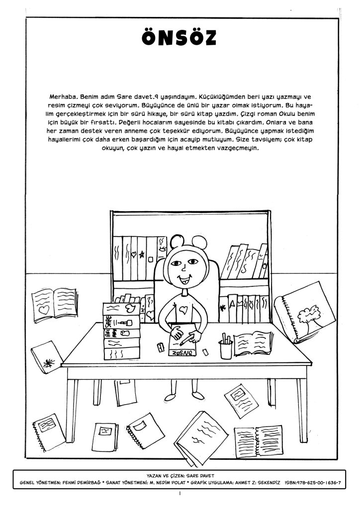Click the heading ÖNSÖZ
[x=180, y=38]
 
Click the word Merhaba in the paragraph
[x=62, y=94]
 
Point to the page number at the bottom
[x=180, y=495]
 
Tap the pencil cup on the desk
[x=226, y=348]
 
